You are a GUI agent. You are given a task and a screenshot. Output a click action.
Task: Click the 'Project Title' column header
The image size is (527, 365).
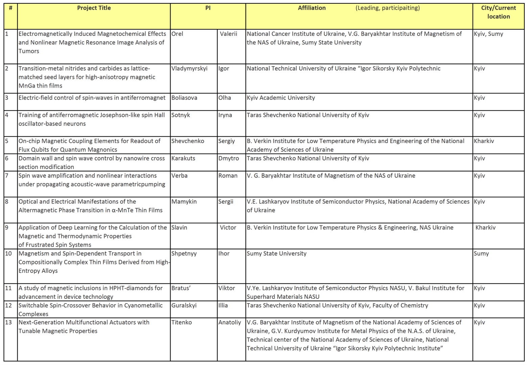coord(94,8)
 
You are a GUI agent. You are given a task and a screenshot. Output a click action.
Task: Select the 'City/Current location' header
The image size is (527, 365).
coord(498,12)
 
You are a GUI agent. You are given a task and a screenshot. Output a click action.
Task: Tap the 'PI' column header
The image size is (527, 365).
coord(208,8)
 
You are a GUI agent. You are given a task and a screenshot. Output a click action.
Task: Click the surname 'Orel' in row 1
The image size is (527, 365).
coord(177,34)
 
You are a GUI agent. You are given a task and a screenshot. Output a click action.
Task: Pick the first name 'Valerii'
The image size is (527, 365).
coord(229,34)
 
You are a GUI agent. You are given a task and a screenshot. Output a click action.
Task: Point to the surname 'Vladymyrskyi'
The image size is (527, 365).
coord(189,68)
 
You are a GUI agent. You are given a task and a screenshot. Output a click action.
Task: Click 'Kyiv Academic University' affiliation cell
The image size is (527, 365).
coord(281,98)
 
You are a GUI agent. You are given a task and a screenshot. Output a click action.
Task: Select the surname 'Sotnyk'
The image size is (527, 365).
coord(181,115)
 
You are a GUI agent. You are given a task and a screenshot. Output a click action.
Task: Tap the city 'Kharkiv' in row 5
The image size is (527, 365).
coord(484,141)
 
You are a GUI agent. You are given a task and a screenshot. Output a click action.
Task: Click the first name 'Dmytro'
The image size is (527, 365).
coord(229,158)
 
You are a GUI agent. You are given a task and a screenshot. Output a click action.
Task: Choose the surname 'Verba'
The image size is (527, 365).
coord(179,176)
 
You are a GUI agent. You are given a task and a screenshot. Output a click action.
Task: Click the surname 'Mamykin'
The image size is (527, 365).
coord(184,202)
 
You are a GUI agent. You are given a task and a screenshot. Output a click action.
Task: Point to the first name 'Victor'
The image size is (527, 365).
coord(228,228)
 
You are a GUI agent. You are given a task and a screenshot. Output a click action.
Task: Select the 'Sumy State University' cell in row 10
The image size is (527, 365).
coord(277,253)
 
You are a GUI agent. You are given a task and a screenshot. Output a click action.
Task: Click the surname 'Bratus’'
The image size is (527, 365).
coord(181,288)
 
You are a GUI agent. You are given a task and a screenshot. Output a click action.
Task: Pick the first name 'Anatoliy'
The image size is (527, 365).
coord(230,322)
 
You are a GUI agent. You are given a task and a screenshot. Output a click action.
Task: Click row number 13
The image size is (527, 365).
coord(8,322)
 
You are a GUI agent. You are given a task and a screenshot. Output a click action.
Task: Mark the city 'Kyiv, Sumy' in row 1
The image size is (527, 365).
coord(488,34)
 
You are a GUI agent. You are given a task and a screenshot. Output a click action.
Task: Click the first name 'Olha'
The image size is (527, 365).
coord(224,98)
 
